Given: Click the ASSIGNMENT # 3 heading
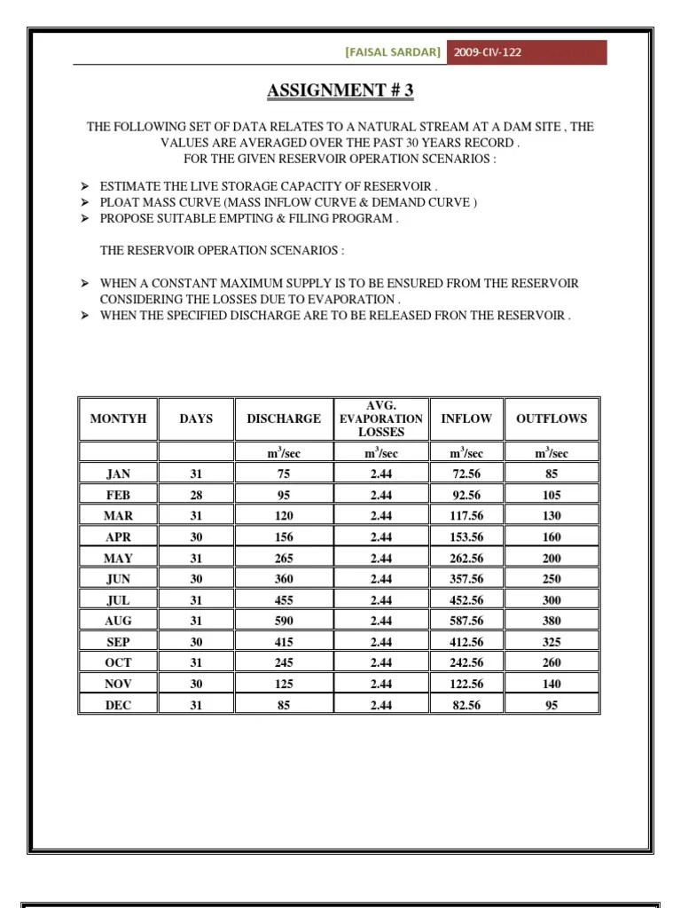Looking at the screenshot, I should [x=340, y=90].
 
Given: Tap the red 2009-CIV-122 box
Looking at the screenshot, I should [x=525, y=52].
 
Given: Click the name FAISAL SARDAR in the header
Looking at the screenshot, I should [x=392, y=52].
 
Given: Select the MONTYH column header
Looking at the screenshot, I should [x=118, y=419].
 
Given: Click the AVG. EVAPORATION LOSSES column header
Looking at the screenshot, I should [x=380, y=419].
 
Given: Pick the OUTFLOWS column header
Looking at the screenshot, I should [x=551, y=419].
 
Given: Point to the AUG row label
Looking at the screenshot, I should [x=118, y=622].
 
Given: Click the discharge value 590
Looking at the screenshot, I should [x=284, y=622].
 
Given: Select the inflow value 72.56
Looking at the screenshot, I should [x=466, y=474].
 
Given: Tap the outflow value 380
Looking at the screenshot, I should [x=551, y=622].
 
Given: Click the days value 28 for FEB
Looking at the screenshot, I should [x=196, y=496].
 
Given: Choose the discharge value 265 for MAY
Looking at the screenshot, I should [x=284, y=559].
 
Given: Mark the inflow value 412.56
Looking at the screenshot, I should [x=466, y=643].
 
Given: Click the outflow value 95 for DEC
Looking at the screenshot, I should [x=551, y=706].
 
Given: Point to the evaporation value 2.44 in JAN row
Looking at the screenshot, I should [x=380, y=474].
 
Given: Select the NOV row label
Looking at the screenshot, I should [x=118, y=685].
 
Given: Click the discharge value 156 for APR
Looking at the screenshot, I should [x=284, y=537].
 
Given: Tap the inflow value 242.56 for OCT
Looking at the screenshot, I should [x=466, y=663].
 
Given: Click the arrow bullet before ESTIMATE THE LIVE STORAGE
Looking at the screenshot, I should [x=85, y=186].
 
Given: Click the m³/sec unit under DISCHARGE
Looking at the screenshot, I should [x=284, y=453].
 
